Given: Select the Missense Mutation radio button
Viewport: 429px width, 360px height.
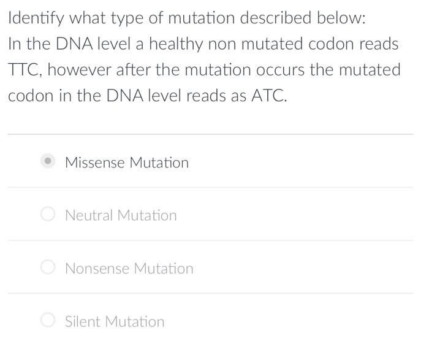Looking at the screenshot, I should pyautogui.click(x=48, y=161).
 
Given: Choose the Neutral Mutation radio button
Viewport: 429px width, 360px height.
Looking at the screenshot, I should pyautogui.click(x=48, y=214).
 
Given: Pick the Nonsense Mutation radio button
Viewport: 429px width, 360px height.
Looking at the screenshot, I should pyautogui.click(x=48, y=267).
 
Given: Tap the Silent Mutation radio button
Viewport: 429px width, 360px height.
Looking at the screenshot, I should pyautogui.click(x=48, y=320).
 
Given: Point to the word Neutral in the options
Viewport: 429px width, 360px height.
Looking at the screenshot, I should pyautogui.click(x=89, y=215).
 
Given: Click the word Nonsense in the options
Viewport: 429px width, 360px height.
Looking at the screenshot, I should pyautogui.click(x=97, y=269).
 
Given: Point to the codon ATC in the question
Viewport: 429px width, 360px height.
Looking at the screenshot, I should pyautogui.click(x=268, y=97).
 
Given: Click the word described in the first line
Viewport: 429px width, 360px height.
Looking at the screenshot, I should pyautogui.click(x=275, y=18).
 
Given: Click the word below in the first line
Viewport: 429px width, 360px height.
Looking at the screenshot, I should pyautogui.click(x=341, y=18).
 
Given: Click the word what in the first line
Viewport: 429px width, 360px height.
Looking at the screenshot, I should pyautogui.click(x=85, y=18).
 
